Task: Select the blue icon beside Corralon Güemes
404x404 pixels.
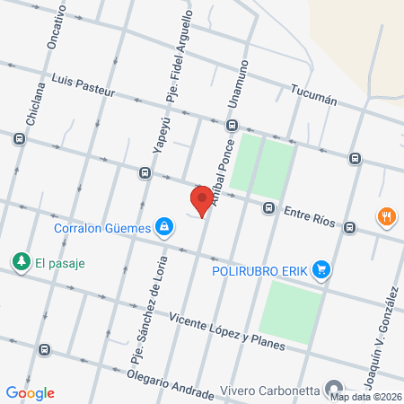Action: pyautogui.click(x=163, y=227)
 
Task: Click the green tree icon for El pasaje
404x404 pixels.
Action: pyautogui.click(x=20, y=261)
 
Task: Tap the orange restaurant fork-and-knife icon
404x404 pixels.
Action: pyautogui.click(x=387, y=217)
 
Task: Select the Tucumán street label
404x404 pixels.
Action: pyautogui.click(x=314, y=95)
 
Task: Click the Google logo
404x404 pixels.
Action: pyautogui.click(x=31, y=392)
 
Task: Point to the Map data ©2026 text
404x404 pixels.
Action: pyautogui.click(x=366, y=397)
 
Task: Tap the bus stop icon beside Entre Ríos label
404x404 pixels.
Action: pyautogui.click(x=268, y=208)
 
